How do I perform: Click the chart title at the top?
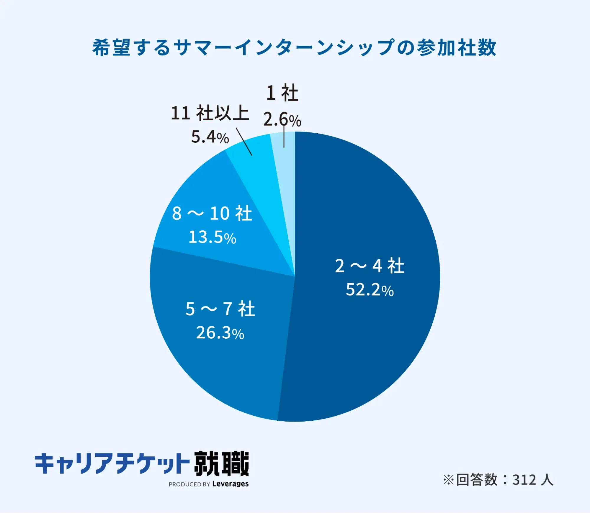(294, 48)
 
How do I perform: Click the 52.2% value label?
(370, 290)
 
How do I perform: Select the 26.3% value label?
(220, 333)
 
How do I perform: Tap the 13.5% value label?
(212, 237)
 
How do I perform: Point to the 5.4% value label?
(210, 137)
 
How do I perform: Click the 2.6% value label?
(282, 120)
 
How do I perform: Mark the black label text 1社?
(282, 93)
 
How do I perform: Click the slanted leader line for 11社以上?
(244, 142)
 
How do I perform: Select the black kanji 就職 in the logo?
(221, 463)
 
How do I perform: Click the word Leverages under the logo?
(230, 484)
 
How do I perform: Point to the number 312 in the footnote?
(524, 480)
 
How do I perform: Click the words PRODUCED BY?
(189, 484)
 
